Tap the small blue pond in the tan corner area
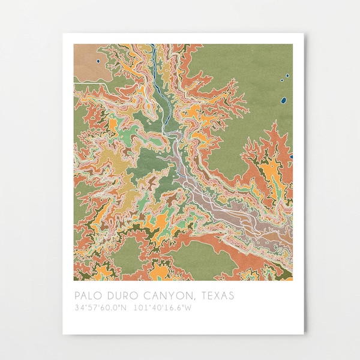tap(97, 60)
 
